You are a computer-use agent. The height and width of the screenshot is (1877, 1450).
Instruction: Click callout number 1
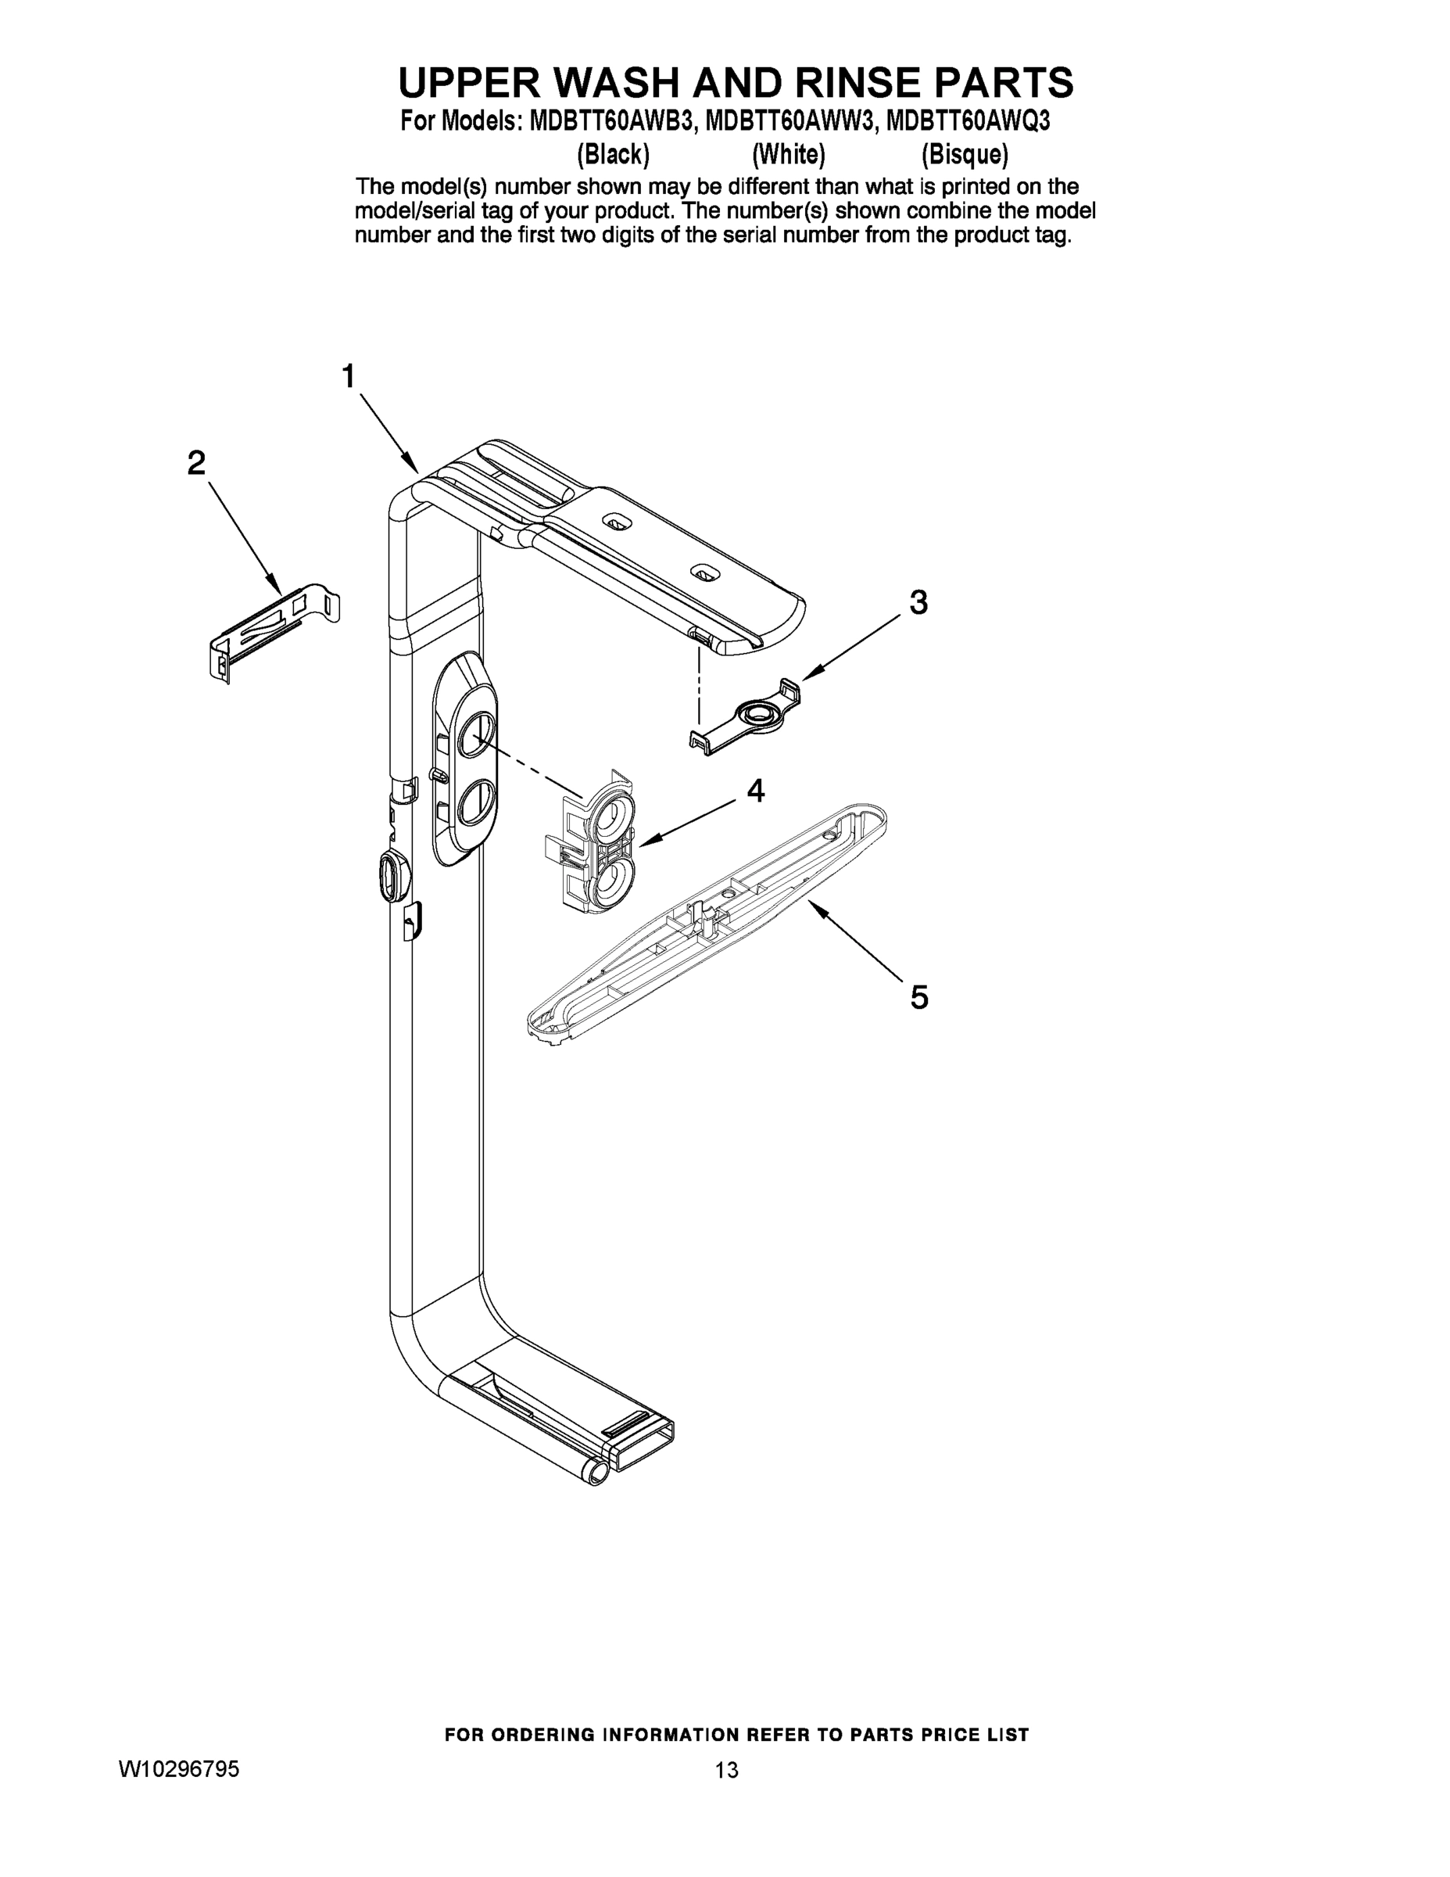pyautogui.click(x=348, y=376)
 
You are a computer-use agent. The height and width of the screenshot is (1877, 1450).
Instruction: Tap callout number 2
pyautogui.click(x=197, y=463)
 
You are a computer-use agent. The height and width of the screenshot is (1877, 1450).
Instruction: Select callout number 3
pyautogui.click(x=918, y=602)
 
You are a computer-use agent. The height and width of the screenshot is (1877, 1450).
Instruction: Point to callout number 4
pyautogui.click(x=755, y=791)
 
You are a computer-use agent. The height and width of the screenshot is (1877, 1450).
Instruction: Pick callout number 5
pyautogui.click(x=919, y=997)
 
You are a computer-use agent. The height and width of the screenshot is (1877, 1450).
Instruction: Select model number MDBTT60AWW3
pyautogui.click(x=791, y=122)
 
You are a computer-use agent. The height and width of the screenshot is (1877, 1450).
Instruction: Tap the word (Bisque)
pyautogui.click(x=965, y=155)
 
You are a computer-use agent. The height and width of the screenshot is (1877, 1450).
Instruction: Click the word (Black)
pyautogui.click(x=613, y=155)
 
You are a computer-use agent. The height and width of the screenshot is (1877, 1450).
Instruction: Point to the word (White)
pyautogui.click(x=789, y=155)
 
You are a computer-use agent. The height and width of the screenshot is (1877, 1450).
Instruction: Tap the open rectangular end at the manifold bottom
pyautogui.click(x=643, y=1452)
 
